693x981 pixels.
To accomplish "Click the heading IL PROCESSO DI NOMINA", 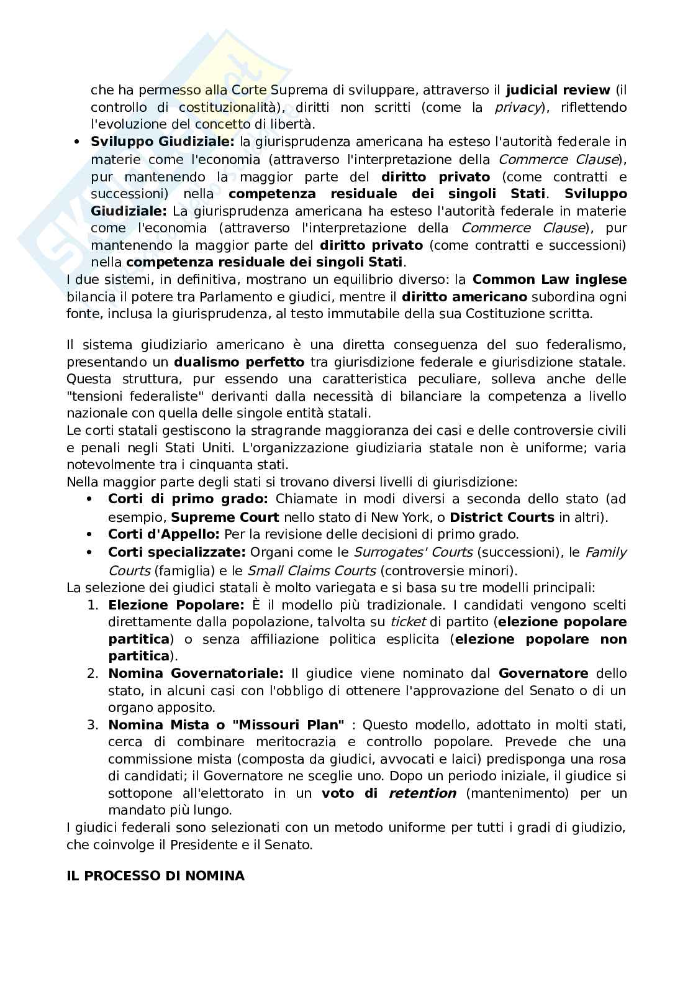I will pos(155,876).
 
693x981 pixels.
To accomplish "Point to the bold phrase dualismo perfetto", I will pos(239,362).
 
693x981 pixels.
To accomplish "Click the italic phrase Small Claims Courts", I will pos(311,570).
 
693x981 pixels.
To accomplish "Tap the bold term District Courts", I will pos(502,518).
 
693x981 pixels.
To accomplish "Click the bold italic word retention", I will pos(422,793).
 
